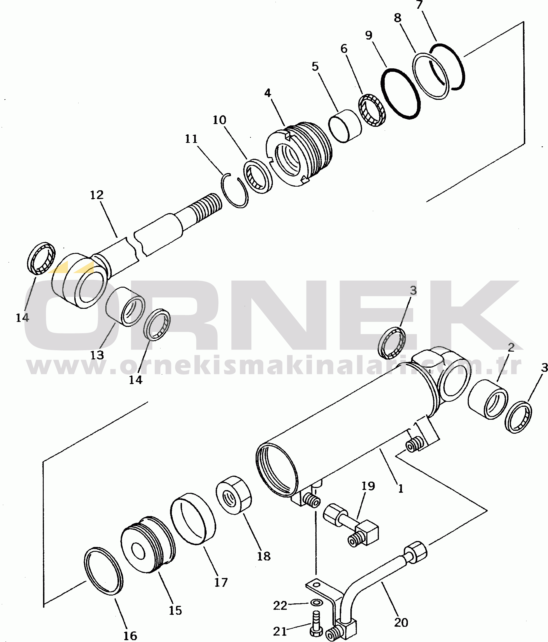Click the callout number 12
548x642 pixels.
97,195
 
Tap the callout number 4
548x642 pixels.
268,93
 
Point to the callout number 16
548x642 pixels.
130,636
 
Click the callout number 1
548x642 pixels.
401,489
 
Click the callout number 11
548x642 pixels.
191,139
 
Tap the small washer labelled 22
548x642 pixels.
316,603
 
